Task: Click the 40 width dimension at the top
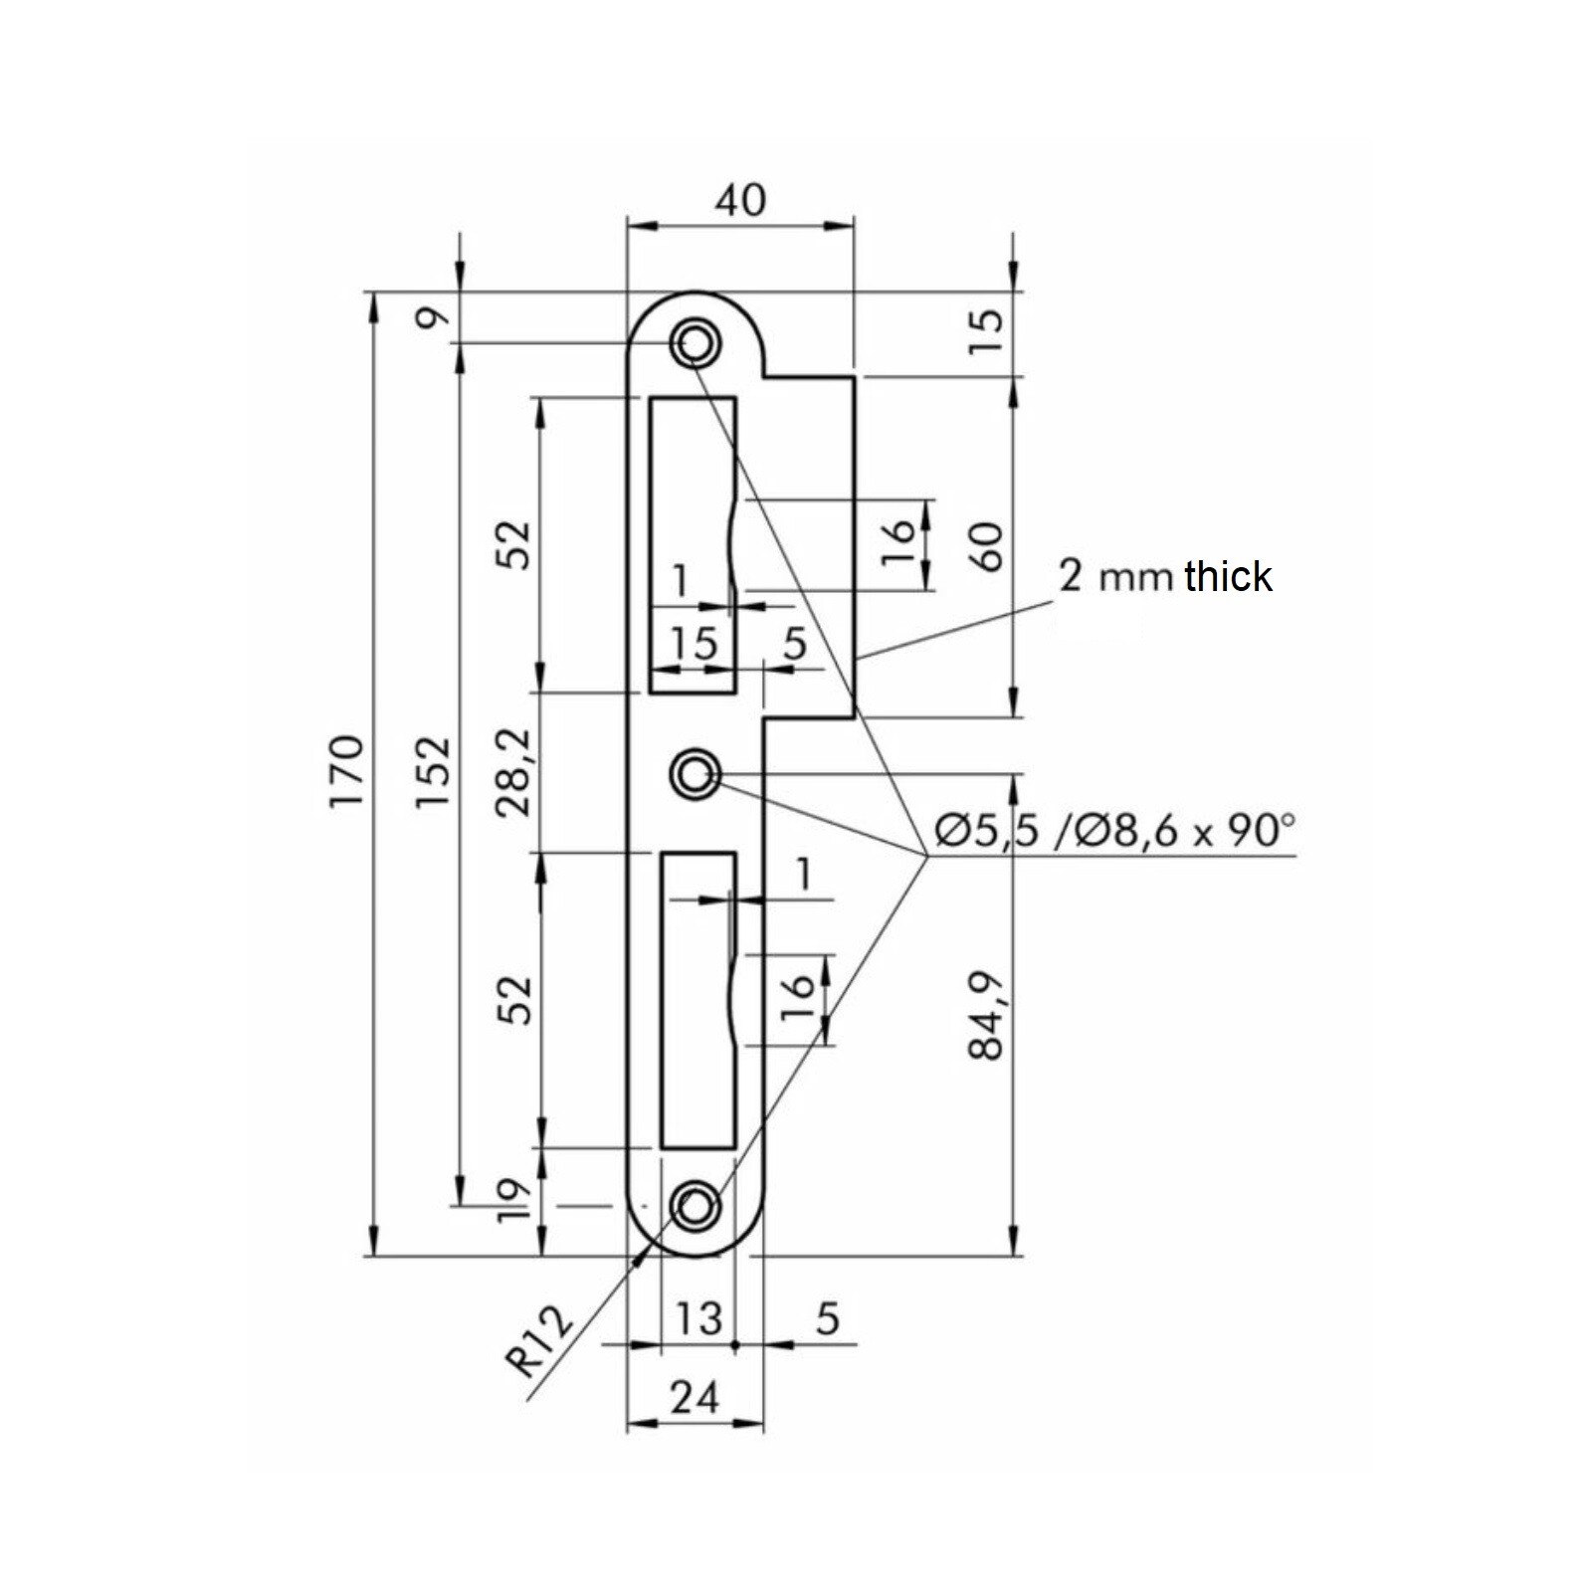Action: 740,200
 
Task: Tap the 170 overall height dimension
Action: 347,771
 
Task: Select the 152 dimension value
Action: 432,771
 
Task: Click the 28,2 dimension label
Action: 516,771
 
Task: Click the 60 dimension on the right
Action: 988,546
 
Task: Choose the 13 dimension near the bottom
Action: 697,1319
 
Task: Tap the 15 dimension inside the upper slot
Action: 693,643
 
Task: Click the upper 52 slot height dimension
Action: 516,543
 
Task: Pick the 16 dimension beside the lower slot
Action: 797,999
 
